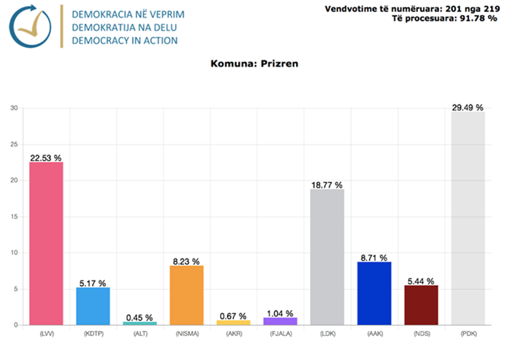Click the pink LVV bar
pyautogui.click(x=46, y=243)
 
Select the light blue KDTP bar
pyautogui.click(x=93, y=306)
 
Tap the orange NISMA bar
pyautogui.click(x=187, y=295)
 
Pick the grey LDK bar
pyautogui.click(x=327, y=257)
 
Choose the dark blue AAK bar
pyautogui.click(x=374, y=293)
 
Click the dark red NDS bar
pyautogui.click(x=421, y=305)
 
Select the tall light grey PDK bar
pyautogui.click(x=468, y=218)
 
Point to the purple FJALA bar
pyautogui.click(x=280, y=321)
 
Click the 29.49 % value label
pyautogui.click(x=468, y=108)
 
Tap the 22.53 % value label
pyautogui.click(x=46, y=158)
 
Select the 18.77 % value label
pyautogui.click(x=327, y=185)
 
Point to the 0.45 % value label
pyautogui.click(x=140, y=317)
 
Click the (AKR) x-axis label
pyautogui.click(x=233, y=333)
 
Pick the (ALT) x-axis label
pyautogui.click(x=140, y=333)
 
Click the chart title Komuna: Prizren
pyautogui.click(x=255, y=64)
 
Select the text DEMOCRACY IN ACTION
pyautogui.click(x=125, y=40)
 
